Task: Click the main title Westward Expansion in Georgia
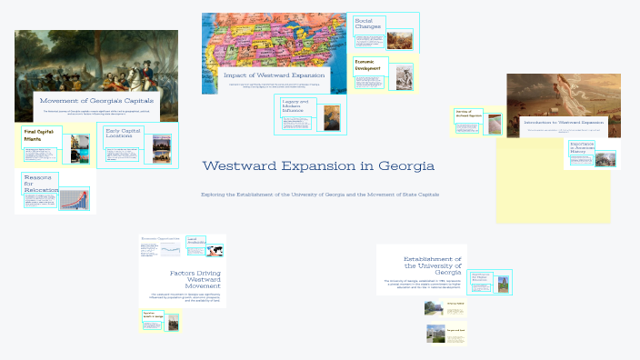point(318,166)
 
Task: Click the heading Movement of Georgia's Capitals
point(96,100)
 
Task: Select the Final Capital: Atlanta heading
point(39,135)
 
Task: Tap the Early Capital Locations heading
point(124,134)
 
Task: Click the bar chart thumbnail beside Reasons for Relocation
point(75,199)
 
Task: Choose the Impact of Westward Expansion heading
point(274,75)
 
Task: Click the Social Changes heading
point(368,24)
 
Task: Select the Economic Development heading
point(370,65)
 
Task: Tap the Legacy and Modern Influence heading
point(297,105)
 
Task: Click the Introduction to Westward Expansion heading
point(564,122)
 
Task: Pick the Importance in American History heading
point(581,147)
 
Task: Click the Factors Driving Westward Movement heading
point(195,279)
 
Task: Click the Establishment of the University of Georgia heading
point(432,265)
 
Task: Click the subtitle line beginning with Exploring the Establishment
point(319,195)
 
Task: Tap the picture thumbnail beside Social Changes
point(400,41)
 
